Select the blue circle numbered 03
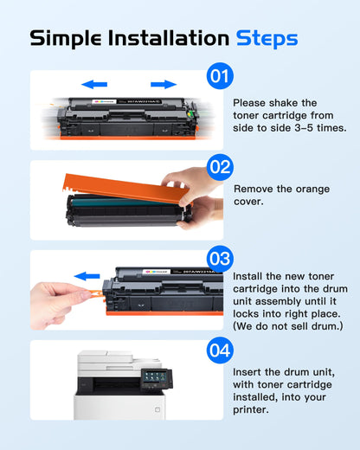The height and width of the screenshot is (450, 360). click(x=219, y=258)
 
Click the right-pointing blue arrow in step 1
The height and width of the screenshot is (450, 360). click(x=163, y=85)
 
